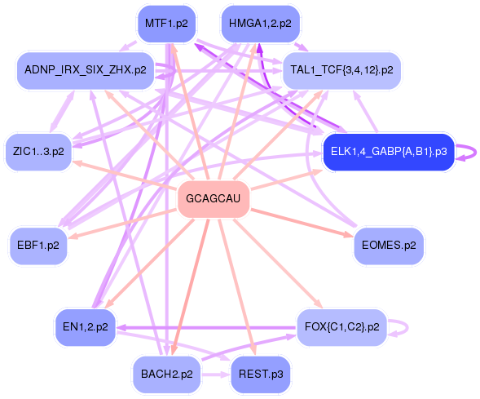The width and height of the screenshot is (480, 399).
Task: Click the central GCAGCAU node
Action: pos(214,199)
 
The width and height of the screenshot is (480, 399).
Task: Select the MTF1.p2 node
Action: pos(166,24)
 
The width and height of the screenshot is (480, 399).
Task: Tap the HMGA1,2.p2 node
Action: pos(260,24)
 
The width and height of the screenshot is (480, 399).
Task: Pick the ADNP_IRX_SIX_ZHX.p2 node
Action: pos(86,70)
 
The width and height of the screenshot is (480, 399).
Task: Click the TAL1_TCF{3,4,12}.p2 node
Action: pos(341,70)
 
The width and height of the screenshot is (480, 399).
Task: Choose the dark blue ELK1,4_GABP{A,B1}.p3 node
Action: pos(389,152)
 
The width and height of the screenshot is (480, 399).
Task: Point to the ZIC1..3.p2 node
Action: pos(38,152)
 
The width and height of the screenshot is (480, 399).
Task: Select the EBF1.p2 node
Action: pos(38,246)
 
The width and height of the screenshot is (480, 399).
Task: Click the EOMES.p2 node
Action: pos(389,246)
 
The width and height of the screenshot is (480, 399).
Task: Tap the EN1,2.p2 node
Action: pos(86,327)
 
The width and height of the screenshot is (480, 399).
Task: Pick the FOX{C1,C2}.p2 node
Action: pos(341,327)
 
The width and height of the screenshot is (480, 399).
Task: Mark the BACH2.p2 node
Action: pos(166,375)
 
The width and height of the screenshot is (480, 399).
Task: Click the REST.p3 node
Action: pos(260,375)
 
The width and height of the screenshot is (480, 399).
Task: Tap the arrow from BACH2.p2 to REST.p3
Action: pos(215,375)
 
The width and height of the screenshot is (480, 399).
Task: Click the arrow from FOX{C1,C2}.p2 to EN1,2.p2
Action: pos(207,328)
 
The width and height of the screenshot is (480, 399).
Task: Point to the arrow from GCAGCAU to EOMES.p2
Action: pos(302,223)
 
